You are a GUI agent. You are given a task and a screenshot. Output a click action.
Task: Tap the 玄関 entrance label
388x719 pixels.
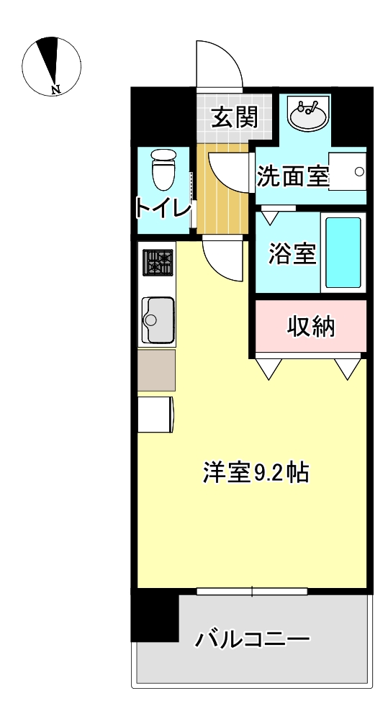pyautogui.click(x=234, y=117)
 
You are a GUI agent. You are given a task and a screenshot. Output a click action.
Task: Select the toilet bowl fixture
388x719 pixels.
pyautogui.click(x=164, y=170)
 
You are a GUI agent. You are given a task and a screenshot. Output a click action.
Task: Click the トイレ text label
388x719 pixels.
pyautogui.click(x=163, y=209)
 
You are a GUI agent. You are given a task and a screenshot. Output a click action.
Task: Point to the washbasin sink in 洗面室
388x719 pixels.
pyautogui.click(x=309, y=114)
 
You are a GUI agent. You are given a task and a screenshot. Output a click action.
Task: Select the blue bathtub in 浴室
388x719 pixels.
pyautogui.click(x=343, y=252)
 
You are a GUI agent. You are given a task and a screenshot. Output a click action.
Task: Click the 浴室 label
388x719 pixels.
pyautogui.click(x=292, y=254)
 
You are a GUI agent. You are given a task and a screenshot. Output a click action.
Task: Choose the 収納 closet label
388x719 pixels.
pyautogui.click(x=311, y=327)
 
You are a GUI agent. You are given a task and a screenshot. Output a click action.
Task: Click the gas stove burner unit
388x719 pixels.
pyautogui.click(x=158, y=263)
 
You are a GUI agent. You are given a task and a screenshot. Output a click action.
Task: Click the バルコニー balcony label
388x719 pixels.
pyautogui.click(x=253, y=638)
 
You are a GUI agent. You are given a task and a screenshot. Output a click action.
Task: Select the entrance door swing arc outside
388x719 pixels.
pyautogui.click(x=220, y=65)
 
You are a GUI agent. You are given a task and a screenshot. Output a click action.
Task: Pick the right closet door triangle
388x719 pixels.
pyautogui.click(x=348, y=367)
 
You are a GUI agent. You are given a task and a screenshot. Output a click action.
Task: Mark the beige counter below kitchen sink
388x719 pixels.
pyautogui.click(x=156, y=370)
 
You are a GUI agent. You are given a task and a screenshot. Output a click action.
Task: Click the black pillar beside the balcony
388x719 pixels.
pyautogui.click(x=154, y=615)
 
